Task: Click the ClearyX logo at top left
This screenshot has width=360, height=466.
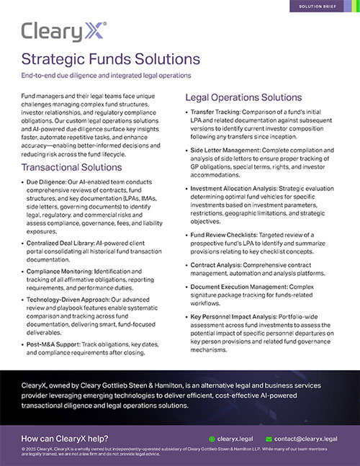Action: (64, 32)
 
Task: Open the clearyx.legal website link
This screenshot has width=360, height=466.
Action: (234, 438)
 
